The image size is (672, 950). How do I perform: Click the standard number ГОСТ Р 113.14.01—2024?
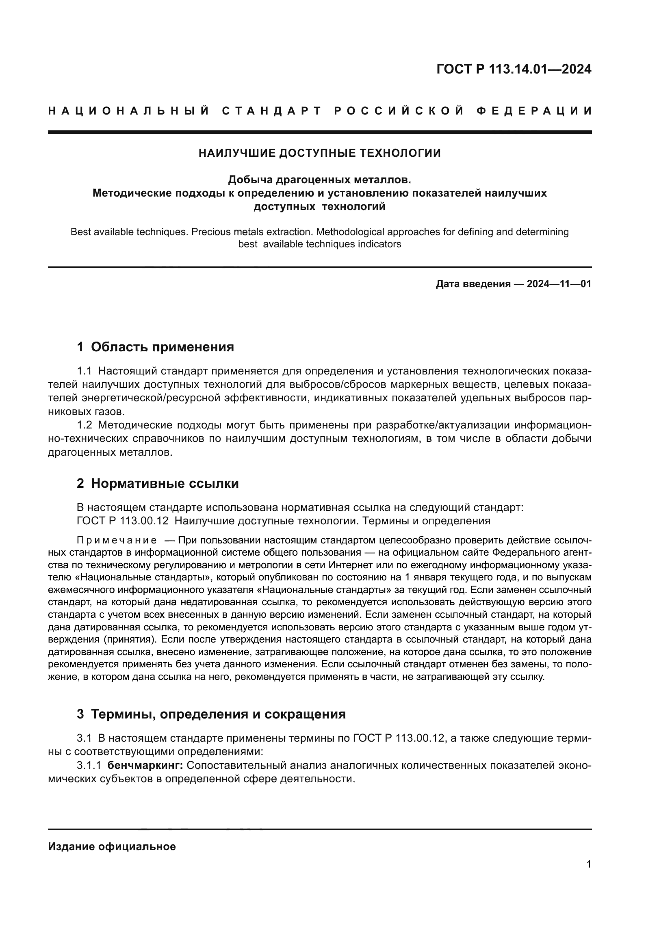514,69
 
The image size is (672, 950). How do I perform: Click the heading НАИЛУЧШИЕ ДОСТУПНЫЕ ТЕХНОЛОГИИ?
319,154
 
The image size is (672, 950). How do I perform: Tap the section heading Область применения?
162,347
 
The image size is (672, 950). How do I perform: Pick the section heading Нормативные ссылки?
165,483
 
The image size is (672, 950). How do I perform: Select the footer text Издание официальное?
112,846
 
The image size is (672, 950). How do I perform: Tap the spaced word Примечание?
117,540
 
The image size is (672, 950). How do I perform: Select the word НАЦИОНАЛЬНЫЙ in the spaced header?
129,111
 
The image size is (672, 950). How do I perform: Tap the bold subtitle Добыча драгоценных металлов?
319,180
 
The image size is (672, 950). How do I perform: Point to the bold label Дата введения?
473,284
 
